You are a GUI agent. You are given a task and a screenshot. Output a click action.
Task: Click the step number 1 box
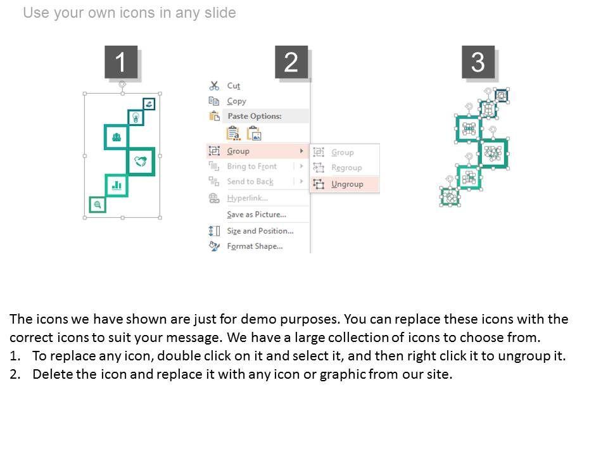[121, 62]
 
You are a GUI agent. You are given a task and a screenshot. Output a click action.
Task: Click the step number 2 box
[291, 62]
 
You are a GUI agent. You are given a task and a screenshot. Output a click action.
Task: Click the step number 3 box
[478, 62]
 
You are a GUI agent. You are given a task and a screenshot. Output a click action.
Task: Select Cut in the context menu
[234, 85]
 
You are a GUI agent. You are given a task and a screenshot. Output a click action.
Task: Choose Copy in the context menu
[236, 101]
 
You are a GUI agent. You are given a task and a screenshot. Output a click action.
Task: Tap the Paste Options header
[255, 116]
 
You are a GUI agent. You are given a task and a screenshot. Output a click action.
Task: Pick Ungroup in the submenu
[347, 184]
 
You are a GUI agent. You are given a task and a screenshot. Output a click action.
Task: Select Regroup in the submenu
[346, 168]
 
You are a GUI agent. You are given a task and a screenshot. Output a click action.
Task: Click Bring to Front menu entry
[252, 167]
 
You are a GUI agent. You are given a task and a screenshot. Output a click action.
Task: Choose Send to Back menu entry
[250, 182]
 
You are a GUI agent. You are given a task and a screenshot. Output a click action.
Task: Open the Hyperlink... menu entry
[248, 198]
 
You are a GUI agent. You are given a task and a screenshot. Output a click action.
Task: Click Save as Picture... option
[256, 215]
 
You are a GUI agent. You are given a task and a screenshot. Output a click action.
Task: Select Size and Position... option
[260, 231]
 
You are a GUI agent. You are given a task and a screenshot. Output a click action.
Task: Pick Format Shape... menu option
[255, 246]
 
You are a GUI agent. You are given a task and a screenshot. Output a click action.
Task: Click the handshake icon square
[141, 161]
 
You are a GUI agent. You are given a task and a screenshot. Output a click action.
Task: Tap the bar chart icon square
[117, 186]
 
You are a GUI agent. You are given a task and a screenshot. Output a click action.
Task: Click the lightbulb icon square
[136, 117]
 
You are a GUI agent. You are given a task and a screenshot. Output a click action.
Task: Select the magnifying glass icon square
[98, 205]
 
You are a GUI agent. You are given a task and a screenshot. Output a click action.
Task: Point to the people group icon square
[117, 137]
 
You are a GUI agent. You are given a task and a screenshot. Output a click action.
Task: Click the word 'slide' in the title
[220, 13]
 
